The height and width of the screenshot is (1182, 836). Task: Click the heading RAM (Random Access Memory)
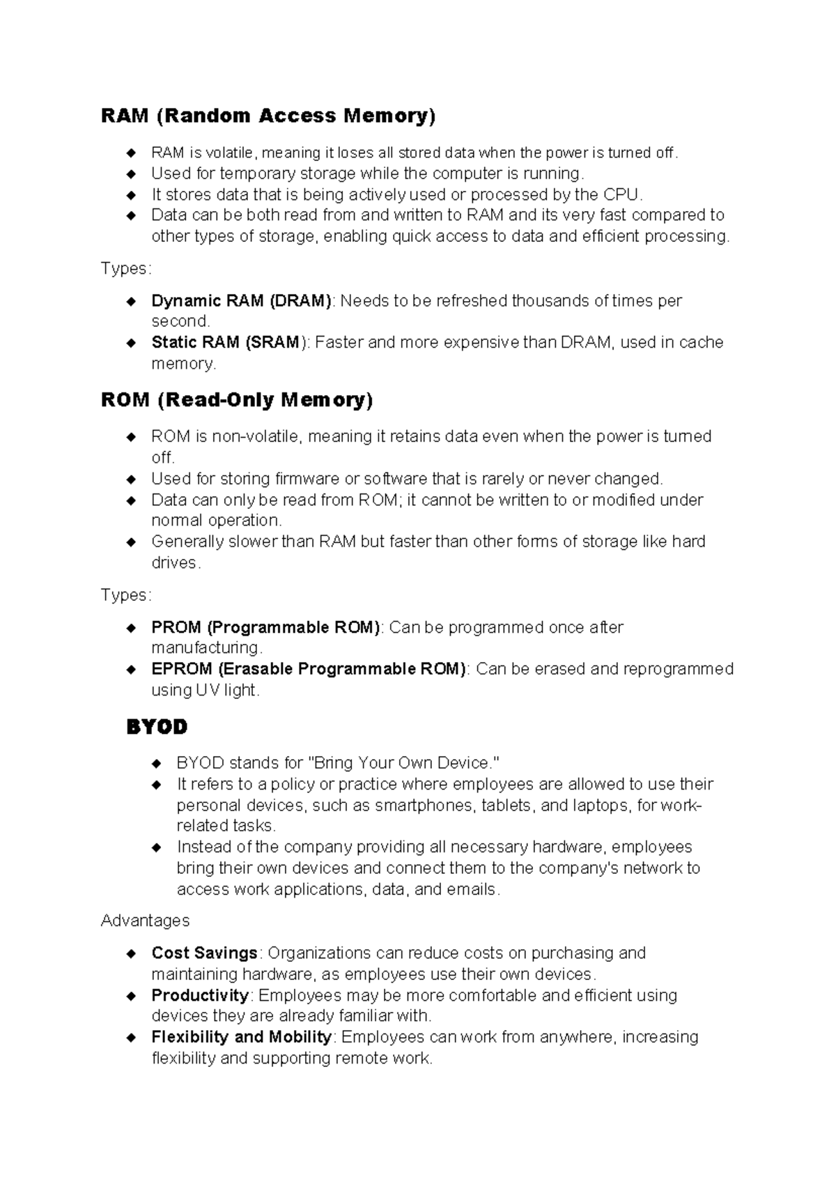(268, 116)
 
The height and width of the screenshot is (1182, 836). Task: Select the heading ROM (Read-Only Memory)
(237, 400)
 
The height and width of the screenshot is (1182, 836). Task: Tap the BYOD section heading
(157, 727)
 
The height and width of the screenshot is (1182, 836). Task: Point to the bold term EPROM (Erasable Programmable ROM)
(309, 669)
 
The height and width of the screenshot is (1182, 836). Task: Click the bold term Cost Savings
(205, 953)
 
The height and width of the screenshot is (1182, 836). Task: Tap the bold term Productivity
(200, 995)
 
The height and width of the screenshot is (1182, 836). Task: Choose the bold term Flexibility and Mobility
(242, 1037)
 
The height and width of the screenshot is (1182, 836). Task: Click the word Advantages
(145, 921)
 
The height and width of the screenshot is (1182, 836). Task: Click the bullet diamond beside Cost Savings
(130, 953)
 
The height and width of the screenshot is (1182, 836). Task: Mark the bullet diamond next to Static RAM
(130, 343)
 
